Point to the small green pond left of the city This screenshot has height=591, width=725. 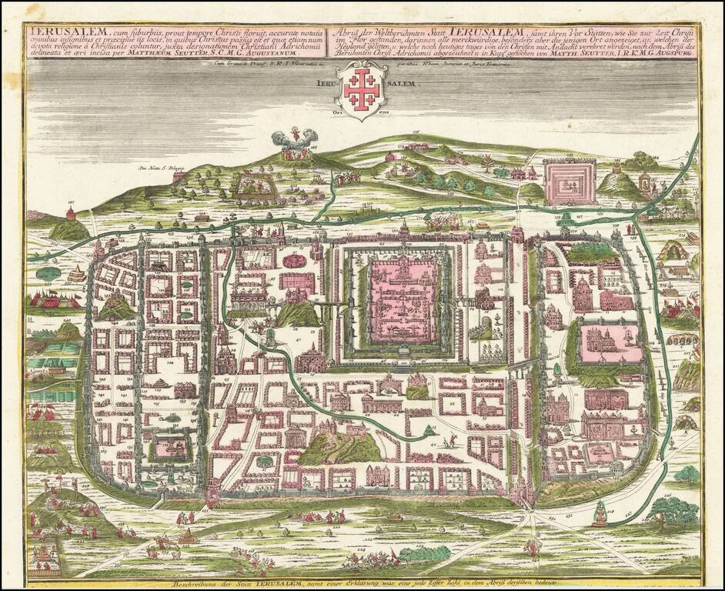(x=47, y=272)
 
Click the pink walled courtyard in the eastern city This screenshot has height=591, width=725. (x=613, y=342)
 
